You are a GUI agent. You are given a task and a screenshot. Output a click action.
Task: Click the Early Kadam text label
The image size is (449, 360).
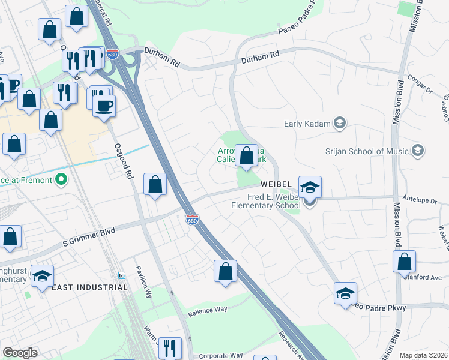coord(307,124)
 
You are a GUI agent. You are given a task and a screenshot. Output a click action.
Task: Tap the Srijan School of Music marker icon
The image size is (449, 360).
coord(418,151)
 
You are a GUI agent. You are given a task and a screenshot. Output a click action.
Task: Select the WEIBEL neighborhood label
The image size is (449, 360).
coord(276,183)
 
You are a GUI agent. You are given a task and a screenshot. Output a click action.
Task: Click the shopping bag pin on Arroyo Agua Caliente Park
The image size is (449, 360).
coord(246,157)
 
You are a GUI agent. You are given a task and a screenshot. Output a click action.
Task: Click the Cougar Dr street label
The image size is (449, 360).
coord(420,89)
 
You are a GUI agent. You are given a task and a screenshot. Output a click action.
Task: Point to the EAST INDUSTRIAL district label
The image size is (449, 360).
coord(89,287)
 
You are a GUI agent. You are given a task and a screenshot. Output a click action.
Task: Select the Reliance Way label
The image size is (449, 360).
coord(208,310)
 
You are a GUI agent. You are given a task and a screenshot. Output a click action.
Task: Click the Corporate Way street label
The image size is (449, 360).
coord(220,356)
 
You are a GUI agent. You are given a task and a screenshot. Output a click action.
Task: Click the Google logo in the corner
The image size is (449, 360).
coord(20,352)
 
